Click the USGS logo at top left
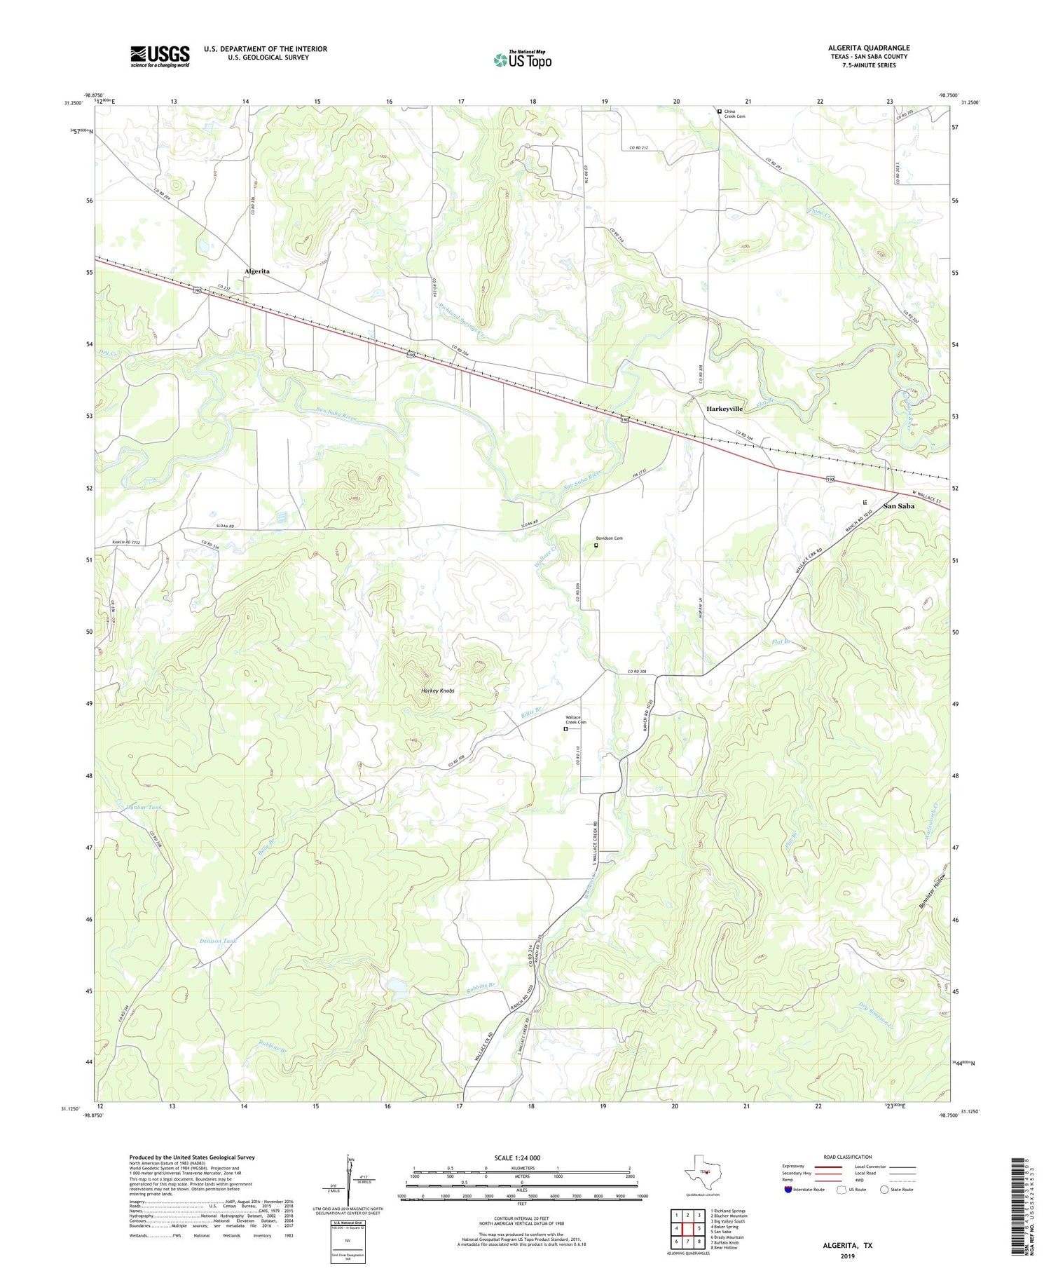160,56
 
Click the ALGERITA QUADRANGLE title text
868,48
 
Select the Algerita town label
257,271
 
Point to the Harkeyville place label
724,408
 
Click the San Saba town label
898,505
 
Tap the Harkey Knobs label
438,691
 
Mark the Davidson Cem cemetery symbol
596,545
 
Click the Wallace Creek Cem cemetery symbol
566,728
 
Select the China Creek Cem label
734,114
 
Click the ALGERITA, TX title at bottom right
848,1245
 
